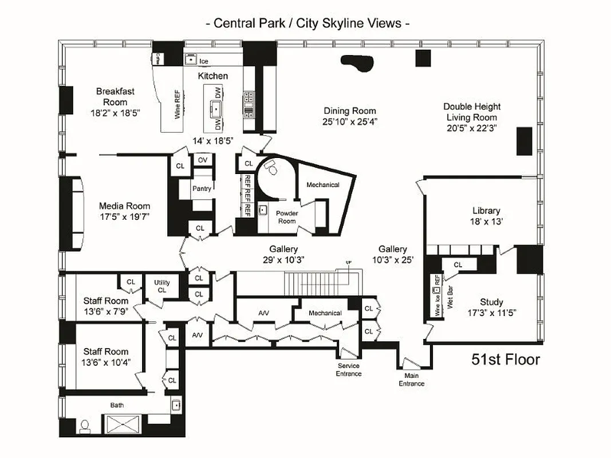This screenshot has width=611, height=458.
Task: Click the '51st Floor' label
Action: point(505,360)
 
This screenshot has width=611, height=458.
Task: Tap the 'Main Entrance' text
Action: point(412,380)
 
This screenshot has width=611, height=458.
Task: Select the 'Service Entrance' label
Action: point(349,370)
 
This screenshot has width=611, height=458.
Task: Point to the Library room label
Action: point(486,211)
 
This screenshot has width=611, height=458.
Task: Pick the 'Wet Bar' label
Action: point(451,298)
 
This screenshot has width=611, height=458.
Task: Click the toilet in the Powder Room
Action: point(271,168)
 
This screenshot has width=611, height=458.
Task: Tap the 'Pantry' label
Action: point(202,188)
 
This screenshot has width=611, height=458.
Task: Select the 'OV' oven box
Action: point(202,160)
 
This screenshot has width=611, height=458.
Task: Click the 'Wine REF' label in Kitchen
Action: point(177,104)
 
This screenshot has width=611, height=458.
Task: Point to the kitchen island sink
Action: point(216,107)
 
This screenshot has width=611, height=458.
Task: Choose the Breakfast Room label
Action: point(115,97)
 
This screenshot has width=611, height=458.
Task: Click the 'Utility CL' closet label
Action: point(162,286)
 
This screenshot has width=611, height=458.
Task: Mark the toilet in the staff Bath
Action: point(85,427)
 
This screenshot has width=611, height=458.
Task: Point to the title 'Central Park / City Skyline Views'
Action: point(307,23)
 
